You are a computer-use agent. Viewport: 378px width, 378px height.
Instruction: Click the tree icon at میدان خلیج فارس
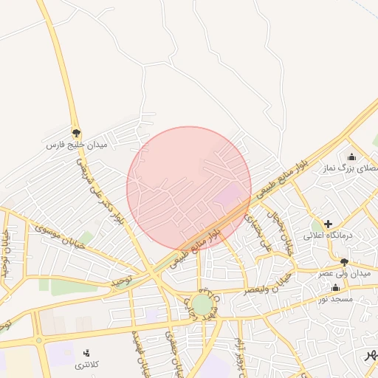[x=76, y=133]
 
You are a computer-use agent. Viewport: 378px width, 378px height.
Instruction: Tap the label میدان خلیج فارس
[x=76, y=145]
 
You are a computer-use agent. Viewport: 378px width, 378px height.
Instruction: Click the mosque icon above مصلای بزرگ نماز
[x=351, y=157]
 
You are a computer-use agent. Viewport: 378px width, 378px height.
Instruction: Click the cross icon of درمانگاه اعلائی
[x=328, y=223]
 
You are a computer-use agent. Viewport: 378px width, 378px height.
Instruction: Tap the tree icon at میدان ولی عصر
[x=343, y=262]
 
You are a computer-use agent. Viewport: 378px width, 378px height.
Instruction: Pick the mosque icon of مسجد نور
[x=336, y=288]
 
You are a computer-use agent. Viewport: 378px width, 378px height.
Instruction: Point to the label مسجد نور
[x=336, y=298]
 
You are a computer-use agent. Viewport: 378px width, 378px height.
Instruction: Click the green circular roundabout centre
[x=202, y=304]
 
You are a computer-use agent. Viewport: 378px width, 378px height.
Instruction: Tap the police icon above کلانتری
[x=87, y=353]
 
